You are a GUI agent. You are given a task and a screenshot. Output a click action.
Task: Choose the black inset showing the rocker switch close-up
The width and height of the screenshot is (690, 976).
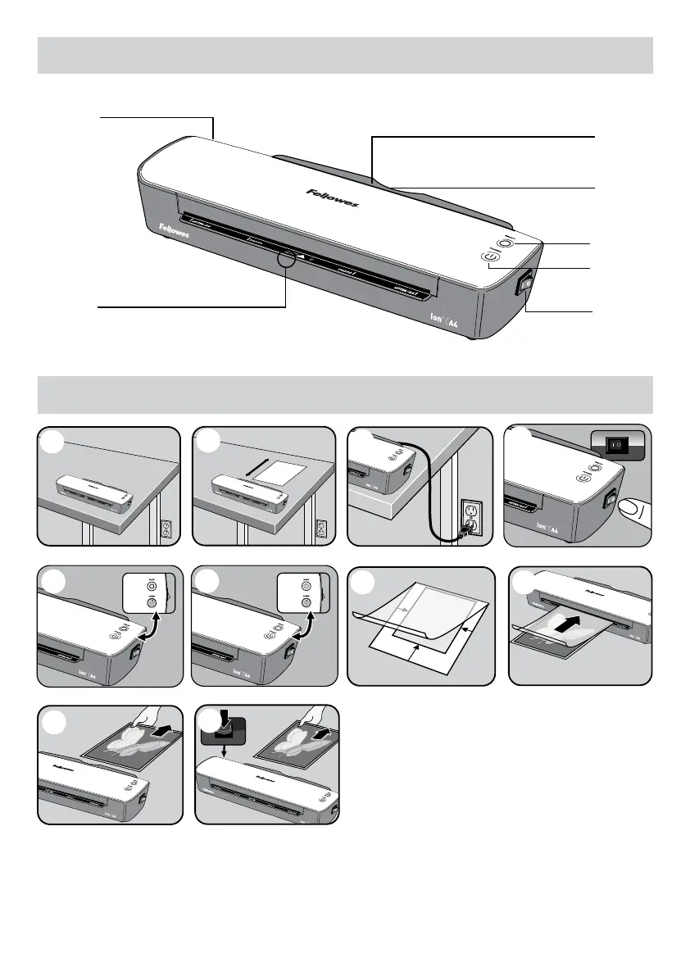click(620, 446)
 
